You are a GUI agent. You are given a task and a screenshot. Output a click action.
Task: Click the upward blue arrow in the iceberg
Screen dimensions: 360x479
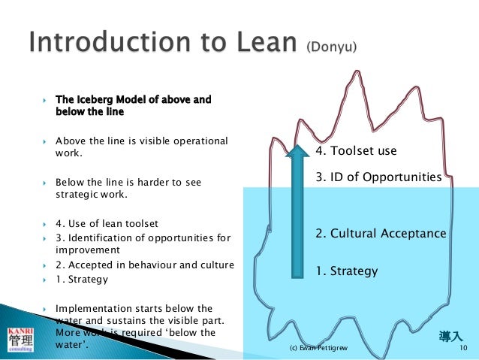click(297, 213)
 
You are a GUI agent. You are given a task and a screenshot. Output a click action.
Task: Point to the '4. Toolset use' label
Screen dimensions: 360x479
click(356, 151)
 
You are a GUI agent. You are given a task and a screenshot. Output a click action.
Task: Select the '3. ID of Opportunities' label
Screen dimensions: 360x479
click(378, 177)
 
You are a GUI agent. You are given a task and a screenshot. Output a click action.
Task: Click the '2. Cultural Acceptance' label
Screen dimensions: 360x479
click(381, 234)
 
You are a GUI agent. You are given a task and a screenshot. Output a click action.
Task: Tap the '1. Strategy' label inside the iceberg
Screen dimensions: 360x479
click(346, 271)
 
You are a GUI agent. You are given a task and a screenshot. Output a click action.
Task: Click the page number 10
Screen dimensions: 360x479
click(462, 349)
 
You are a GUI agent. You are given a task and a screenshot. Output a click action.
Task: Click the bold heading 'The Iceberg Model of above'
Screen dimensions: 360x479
click(134, 99)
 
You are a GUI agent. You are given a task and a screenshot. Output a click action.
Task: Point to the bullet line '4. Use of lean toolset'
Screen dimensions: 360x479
click(107, 223)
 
